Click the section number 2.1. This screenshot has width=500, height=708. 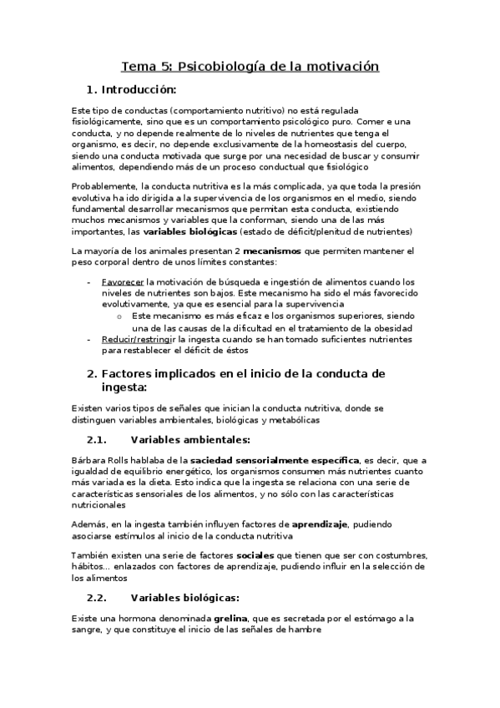(98, 439)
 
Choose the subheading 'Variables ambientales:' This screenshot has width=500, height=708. (190, 439)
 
